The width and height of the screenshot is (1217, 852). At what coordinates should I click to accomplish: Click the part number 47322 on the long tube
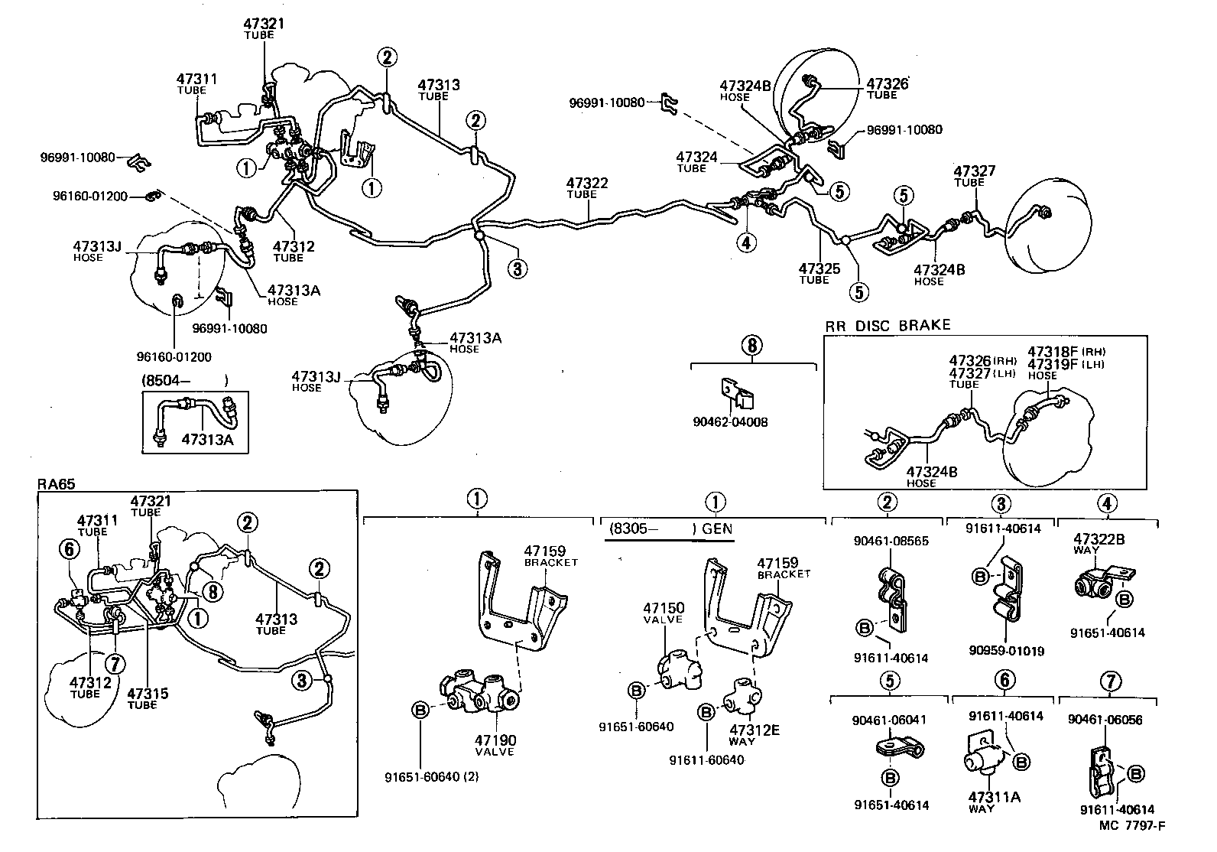coord(586,183)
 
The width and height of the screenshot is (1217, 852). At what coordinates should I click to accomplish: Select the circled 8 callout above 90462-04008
coord(751,345)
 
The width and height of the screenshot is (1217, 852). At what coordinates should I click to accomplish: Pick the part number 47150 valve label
coord(663,609)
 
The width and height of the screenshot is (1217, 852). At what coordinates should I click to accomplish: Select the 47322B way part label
coord(1099,539)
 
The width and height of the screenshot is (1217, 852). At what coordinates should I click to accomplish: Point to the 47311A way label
coord(995,796)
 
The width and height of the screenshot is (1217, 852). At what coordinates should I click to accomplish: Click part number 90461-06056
coord(1105,720)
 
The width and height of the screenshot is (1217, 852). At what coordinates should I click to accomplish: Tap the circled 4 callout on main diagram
coord(746,242)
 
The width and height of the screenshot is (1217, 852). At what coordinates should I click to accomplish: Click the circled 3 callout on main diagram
coord(518,268)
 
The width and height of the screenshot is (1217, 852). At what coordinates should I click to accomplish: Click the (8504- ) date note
coord(184,380)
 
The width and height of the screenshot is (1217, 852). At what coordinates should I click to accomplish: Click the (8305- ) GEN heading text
coord(670,528)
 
